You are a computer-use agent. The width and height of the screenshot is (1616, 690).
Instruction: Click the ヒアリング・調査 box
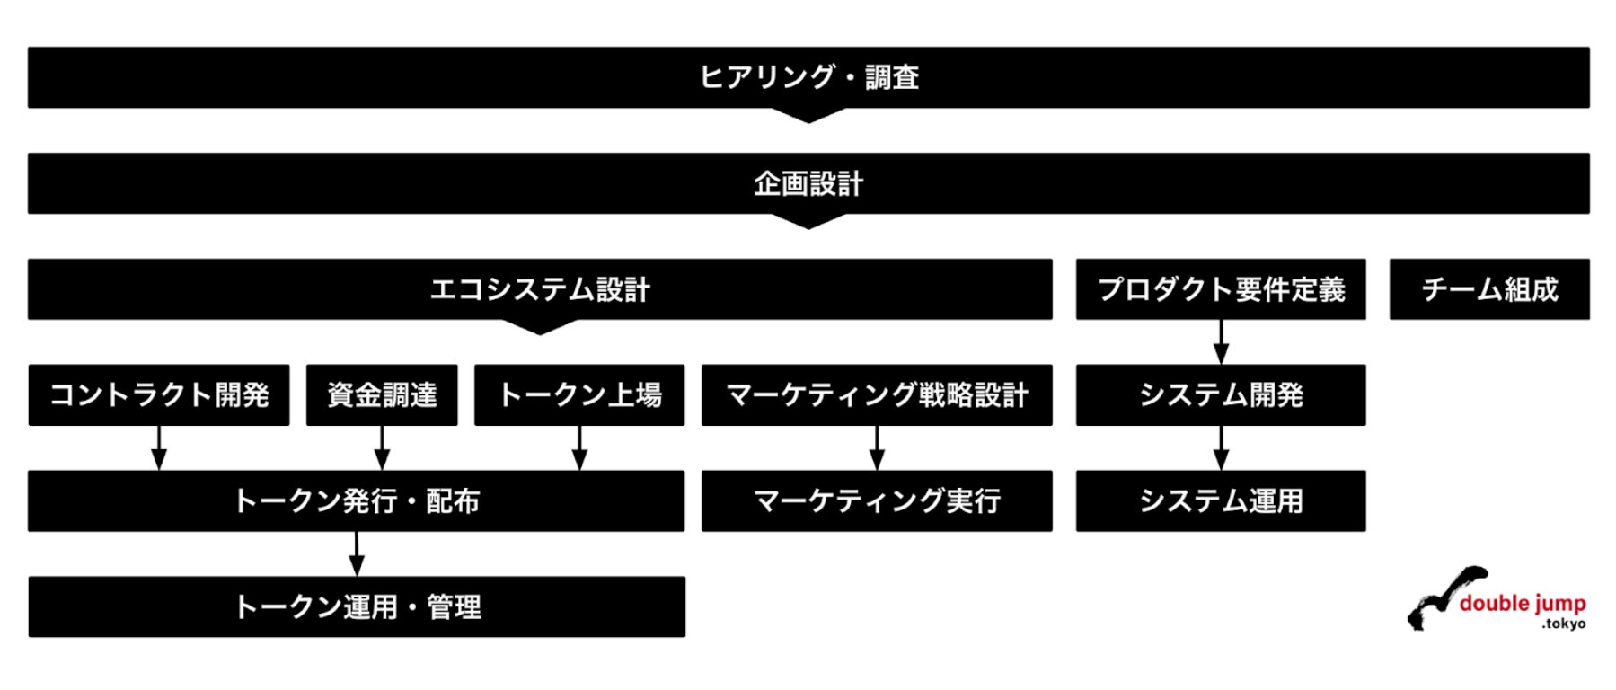click(x=808, y=77)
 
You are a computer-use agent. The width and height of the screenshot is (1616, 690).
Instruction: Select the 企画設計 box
click(x=808, y=183)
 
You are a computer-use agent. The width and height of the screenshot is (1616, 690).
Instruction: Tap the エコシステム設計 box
click(x=540, y=289)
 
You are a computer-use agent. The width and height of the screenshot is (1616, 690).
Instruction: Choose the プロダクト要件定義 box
click(x=1221, y=289)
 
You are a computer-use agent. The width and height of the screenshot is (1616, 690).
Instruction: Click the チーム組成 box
click(x=1489, y=289)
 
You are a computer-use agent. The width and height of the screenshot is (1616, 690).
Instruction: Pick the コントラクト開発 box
click(x=159, y=394)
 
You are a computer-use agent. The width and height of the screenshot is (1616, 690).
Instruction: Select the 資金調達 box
click(x=382, y=394)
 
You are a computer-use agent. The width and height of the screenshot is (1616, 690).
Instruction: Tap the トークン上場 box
click(x=579, y=394)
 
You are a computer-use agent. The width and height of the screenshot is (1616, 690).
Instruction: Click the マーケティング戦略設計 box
click(x=877, y=394)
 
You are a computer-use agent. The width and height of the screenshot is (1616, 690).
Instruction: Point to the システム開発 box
click(x=1221, y=394)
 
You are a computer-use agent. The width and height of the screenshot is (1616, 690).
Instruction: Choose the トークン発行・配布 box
click(x=356, y=500)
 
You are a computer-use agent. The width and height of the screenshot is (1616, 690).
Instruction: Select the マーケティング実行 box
click(x=877, y=500)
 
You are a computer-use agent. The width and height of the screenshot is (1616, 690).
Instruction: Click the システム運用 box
click(x=1221, y=500)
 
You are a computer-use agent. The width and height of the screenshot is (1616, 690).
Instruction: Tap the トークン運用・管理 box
click(x=357, y=606)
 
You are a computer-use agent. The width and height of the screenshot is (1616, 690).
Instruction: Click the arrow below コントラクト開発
click(x=159, y=447)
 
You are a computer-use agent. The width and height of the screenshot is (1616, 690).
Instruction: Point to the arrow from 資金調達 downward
click(x=382, y=447)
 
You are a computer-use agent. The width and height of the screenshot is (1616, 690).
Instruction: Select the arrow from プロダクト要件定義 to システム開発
click(x=1221, y=341)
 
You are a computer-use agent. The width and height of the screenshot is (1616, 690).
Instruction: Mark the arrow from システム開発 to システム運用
click(x=1221, y=447)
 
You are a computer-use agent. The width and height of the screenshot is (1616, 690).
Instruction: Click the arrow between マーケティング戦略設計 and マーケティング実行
click(x=877, y=447)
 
